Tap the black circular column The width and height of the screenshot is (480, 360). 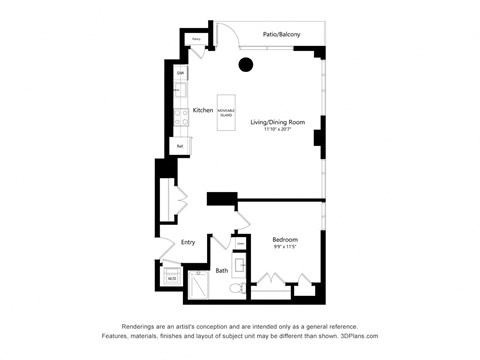[x=246, y=66]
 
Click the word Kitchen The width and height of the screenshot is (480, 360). [x=203, y=110]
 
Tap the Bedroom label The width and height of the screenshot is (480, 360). [x=285, y=238]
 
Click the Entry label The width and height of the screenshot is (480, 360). [x=188, y=241]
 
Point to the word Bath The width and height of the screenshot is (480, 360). [x=221, y=270]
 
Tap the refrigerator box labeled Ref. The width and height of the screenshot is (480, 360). [x=180, y=146]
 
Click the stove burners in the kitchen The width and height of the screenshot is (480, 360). [x=179, y=118]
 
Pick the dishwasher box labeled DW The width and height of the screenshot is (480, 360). [x=181, y=75]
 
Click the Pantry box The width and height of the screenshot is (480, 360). [x=198, y=41]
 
